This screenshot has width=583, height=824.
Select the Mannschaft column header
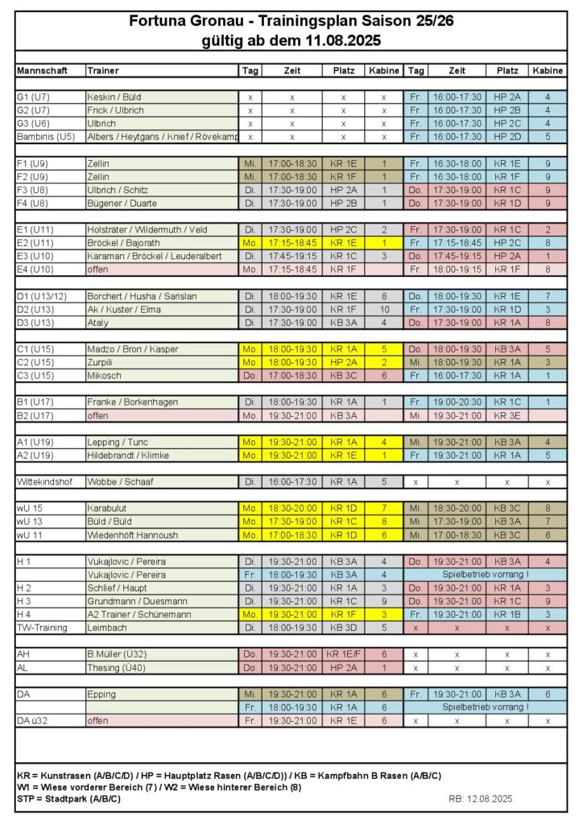[x=42, y=71]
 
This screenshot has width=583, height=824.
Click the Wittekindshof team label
[x=47, y=481]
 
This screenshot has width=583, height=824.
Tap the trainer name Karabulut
[x=110, y=508]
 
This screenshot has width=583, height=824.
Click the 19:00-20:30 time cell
[x=457, y=402]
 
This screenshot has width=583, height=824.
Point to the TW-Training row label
[x=43, y=627]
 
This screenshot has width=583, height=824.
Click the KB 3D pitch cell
[x=343, y=627]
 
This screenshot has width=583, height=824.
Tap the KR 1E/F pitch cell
[x=343, y=653]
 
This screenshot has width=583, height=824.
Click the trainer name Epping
[x=101, y=694]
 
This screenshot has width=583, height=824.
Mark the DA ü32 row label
[x=34, y=720]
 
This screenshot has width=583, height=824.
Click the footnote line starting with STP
[x=68, y=799]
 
